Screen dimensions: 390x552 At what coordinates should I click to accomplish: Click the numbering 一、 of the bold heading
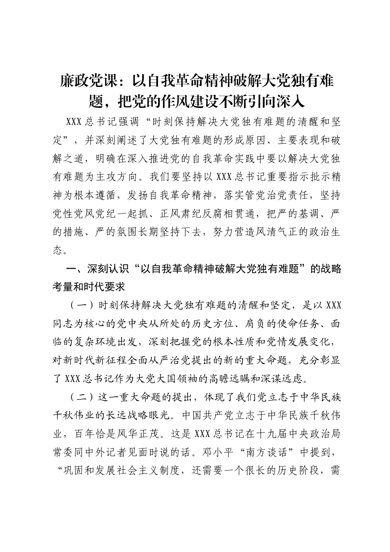(x=75, y=269)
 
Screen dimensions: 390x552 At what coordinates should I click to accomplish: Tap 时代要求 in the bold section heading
(x=106, y=287)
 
